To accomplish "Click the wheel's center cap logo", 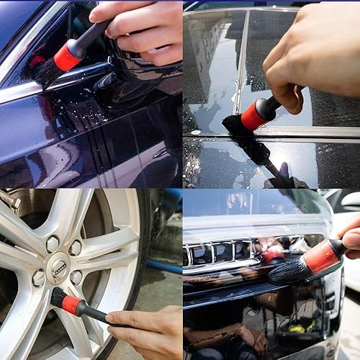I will coord(58,267).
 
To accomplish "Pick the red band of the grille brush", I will coord(322,256).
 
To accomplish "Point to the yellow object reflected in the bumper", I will coord(297,328).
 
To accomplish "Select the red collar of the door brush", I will coord(69,55).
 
